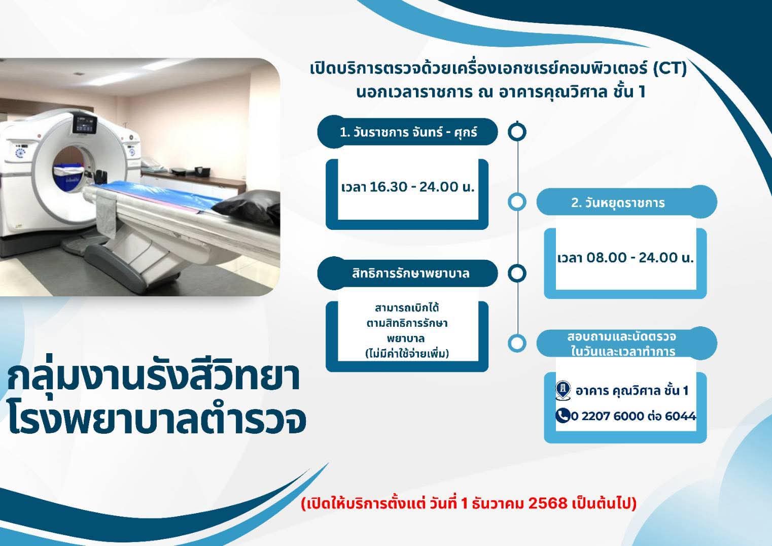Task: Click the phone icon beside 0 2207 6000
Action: pyautogui.click(x=563, y=416)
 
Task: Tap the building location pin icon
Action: pyautogui.click(x=563, y=391)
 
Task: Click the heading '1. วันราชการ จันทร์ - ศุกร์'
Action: pyautogui.click(x=408, y=132)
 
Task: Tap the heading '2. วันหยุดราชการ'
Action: pyautogui.click(x=618, y=202)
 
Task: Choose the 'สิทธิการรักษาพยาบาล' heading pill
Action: pyautogui.click(x=408, y=274)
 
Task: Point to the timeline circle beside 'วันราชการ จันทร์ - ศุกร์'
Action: pyautogui.click(x=517, y=132)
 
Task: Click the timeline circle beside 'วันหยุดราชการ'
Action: pyautogui.click(x=517, y=202)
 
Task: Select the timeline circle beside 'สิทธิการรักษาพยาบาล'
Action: pyautogui.click(x=517, y=274)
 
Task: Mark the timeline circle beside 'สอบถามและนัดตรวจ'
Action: pyautogui.click(x=517, y=344)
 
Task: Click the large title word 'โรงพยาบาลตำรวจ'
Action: pyautogui.click(x=157, y=420)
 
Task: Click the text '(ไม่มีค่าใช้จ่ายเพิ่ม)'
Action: pyautogui.click(x=407, y=353)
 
